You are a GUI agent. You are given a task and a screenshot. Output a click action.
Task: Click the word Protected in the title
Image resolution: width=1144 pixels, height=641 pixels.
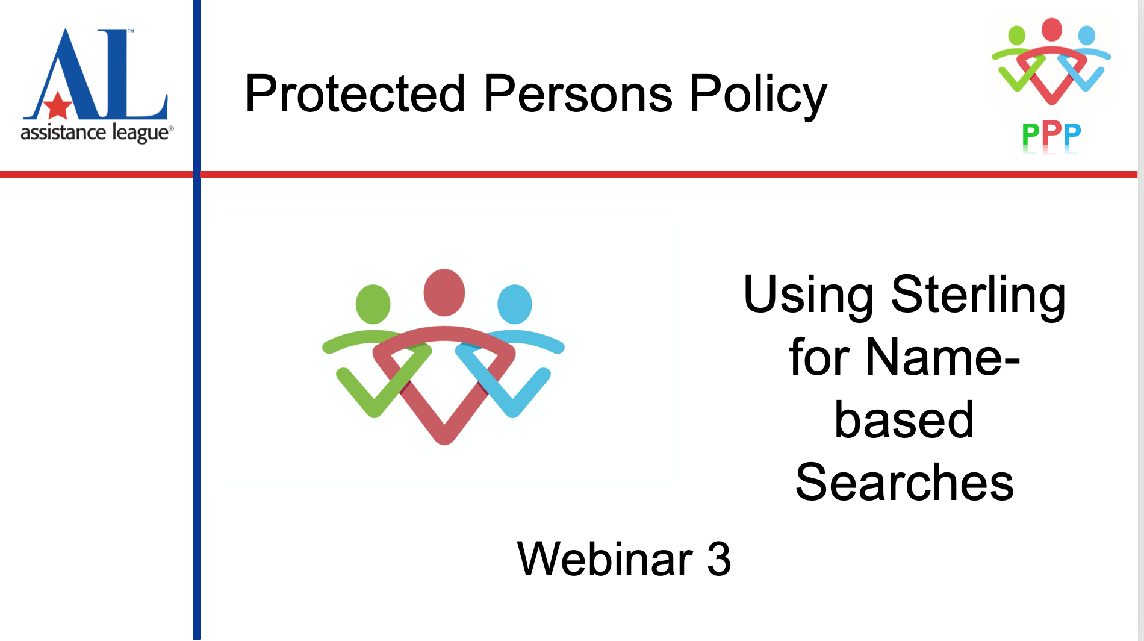(355, 94)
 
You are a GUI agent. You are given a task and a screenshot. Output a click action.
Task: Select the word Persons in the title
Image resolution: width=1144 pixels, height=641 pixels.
(577, 94)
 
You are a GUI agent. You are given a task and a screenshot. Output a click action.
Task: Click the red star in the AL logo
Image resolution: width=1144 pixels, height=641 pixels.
(58, 106)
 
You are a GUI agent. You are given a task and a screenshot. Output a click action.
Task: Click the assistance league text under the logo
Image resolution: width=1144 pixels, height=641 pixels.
(96, 133)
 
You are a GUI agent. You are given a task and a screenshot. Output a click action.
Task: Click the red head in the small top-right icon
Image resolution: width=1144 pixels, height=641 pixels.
(1051, 29)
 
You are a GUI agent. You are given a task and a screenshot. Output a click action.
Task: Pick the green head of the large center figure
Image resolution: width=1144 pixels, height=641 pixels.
(373, 304)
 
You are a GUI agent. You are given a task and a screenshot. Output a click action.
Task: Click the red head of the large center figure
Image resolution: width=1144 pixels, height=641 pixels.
(444, 293)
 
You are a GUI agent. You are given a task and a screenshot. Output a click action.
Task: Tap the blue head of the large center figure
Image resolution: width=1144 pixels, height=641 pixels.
(515, 304)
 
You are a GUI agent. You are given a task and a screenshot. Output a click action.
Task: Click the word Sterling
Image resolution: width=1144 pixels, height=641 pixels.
(978, 295)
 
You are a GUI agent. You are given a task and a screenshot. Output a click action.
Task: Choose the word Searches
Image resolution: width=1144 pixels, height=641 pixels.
(904, 483)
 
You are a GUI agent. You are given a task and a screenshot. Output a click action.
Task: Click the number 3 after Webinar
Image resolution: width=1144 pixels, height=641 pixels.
(719, 559)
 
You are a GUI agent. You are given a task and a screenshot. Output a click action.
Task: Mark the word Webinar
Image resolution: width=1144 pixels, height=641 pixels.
(605, 559)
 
